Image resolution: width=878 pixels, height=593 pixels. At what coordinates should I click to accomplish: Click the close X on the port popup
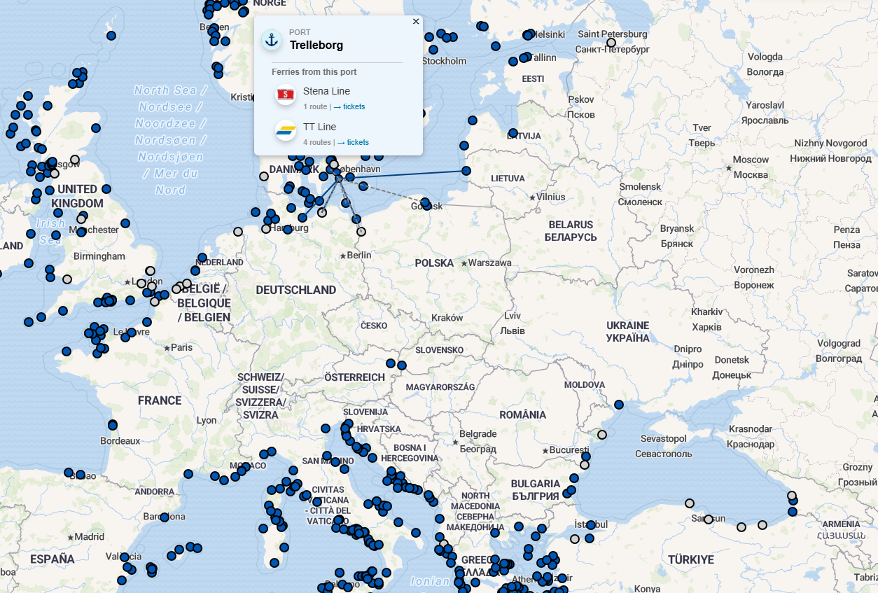pyautogui.click(x=416, y=22)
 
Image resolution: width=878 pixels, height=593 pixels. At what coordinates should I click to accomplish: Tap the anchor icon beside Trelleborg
pyautogui.click(x=272, y=40)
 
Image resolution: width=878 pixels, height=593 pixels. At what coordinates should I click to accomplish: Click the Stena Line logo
pyautogui.click(x=286, y=94)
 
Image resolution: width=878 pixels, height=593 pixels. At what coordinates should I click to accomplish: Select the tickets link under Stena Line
pyautogui.click(x=354, y=106)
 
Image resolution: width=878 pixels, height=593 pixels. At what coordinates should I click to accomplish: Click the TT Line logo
pyautogui.click(x=286, y=130)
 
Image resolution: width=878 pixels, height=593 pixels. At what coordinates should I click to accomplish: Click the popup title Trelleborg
pyautogui.click(x=316, y=46)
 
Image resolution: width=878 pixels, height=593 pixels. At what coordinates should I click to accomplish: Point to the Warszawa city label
pyautogui.click(x=489, y=263)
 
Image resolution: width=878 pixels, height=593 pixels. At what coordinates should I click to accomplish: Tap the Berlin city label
pyautogui.click(x=358, y=256)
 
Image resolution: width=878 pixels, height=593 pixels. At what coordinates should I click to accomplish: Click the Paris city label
pyautogui.click(x=181, y=347)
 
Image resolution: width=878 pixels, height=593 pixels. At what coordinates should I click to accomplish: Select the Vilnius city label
pyautogui.click(x=550, y=197)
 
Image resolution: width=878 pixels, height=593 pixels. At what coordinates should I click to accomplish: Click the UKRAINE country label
pyautogui.click(x=627, y=326)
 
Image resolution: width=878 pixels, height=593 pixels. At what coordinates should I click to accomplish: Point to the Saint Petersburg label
pyautogui.click(x=613, y=34)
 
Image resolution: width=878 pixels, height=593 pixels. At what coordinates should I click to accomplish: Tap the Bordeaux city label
pyautogui.click(x=120, y=441)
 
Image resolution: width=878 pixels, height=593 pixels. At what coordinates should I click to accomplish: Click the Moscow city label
pyautogui.click(x=751, y=160)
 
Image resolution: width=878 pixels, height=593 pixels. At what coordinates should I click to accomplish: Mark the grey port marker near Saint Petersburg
pyautogui.click(x=611, y=43)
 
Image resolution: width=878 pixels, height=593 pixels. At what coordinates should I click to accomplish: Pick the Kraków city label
pyautogui.click(x=447, y=317)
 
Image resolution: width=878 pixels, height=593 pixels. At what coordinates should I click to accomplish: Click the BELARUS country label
pyautogui.click(x=570, y=225)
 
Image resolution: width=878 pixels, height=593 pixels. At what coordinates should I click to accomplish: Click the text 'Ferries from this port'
pyautogui.click(x=314, y=72)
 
